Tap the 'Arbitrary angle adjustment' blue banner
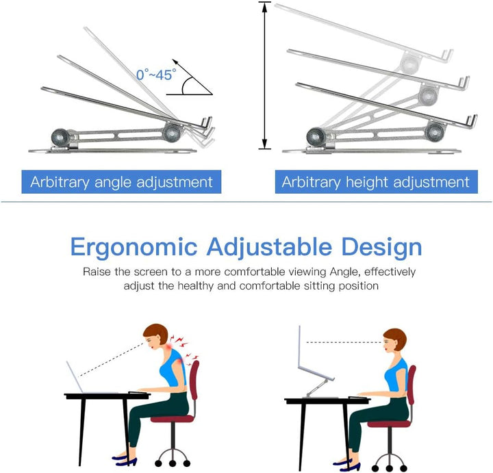point(121,182)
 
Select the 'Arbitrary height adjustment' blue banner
point(375,182)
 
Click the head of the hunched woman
point(156,336)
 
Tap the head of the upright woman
point(394,340)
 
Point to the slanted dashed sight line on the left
point(110,357)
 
